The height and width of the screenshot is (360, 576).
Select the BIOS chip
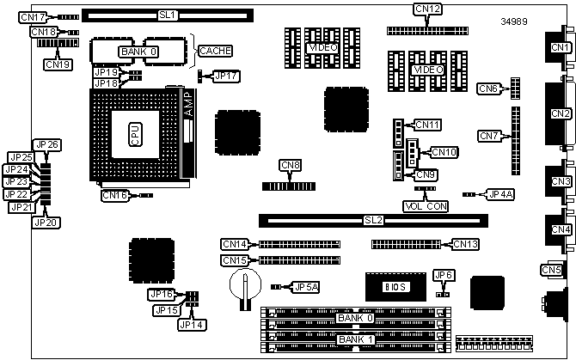pos(394,286)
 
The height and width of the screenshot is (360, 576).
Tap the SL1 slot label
pos(167,15)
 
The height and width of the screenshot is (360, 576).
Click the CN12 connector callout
pos(427,9)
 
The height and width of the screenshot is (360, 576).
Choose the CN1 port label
pos(561,47)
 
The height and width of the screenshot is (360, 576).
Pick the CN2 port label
pos(561,113)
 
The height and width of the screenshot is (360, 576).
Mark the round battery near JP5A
pos(244,284)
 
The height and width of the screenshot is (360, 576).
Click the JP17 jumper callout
pos(227,76)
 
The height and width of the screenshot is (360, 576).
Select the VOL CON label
pos(426,206)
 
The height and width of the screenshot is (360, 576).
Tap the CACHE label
pos(215,52)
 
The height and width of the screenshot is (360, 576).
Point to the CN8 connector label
pos(291,165)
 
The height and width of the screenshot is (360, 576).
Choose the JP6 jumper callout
pos(444,275)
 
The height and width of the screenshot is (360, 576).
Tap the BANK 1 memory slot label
pos(354,340)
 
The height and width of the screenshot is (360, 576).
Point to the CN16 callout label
pos(115,196)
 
